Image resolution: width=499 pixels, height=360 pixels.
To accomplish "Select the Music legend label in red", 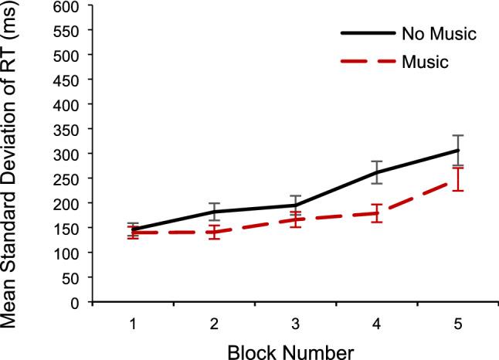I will (424, 62).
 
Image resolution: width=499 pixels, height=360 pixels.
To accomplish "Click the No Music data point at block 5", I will (458, 151).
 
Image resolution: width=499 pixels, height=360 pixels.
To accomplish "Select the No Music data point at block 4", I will (377, 172).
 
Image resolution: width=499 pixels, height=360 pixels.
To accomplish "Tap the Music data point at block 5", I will (458, 179).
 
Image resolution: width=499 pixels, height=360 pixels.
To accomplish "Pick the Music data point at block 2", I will (214, 232).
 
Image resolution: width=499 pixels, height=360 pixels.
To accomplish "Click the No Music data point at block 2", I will (214, 212).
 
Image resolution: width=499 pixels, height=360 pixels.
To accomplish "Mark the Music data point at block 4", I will (377, 213).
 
